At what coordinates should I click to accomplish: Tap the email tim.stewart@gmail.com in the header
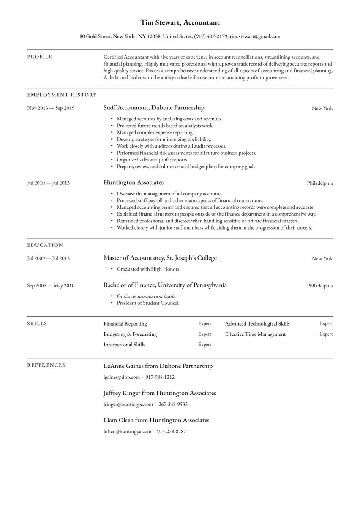(x=255, y=36)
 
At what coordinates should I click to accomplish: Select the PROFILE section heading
(x=40, y=57)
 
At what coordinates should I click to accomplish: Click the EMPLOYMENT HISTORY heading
(x=62, y=95)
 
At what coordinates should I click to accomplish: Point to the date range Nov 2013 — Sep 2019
(x=51, y=108)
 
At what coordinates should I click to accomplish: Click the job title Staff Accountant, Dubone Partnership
(x=154, y=108)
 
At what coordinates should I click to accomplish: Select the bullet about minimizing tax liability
(x=164, y=139)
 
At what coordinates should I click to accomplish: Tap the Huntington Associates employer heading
(x=133, y=183)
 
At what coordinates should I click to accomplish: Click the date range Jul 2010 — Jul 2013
(x=48, y=183)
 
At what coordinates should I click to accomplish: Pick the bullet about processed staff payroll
(x=190, y=200)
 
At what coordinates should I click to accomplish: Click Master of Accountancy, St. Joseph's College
(x=160, y=258)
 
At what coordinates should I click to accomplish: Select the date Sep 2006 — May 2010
(x=51, y=285)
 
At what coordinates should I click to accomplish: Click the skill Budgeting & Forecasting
(x=130, y=334)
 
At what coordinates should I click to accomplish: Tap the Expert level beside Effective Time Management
(x=326, y=334)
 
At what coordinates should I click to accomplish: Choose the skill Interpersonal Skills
(x=124, y=345)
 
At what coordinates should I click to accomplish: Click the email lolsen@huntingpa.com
(x=127, y=432)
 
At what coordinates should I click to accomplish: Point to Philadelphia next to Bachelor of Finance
(x=319, y=286)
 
